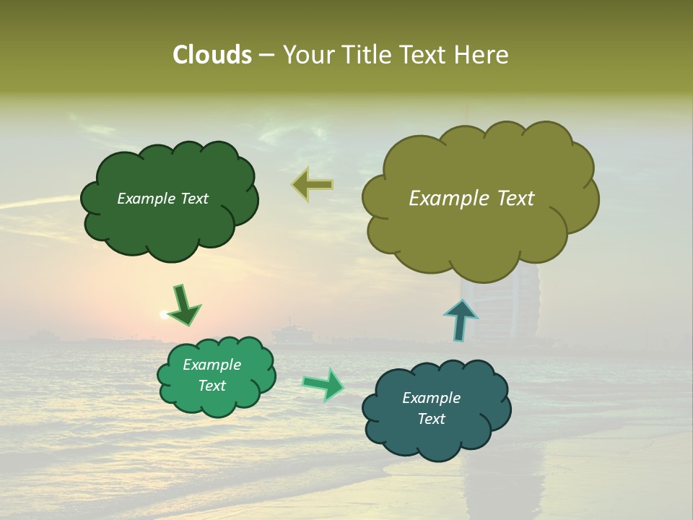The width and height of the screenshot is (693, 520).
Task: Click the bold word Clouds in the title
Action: [212, 55]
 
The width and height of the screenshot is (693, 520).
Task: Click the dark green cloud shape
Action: [170, 224]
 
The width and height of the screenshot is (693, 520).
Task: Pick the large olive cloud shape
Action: [476, 231]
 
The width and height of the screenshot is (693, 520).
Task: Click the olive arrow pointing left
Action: [313, 185]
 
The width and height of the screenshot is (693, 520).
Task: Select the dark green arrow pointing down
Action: [184, 304]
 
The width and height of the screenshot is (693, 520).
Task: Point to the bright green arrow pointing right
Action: [324, 384]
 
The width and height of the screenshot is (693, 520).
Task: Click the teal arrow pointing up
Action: [460, 319]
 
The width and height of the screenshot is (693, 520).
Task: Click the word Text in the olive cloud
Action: [515, 199]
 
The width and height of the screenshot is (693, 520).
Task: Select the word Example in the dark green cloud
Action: [146, 199]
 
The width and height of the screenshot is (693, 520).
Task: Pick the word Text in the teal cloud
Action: [431, 419]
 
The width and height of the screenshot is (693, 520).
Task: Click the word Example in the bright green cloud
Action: [212, 365]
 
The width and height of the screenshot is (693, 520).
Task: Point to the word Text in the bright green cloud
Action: [212, 386]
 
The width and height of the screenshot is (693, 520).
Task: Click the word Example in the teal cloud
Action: [431, 398]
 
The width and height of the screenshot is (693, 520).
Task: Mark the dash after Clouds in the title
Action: [266, 55]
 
